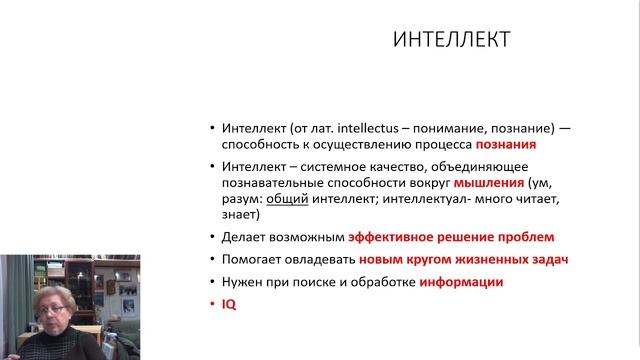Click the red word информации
(460, 282)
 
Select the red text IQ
(227, 303)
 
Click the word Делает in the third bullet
(242, 237)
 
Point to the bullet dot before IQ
(212, 303)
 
